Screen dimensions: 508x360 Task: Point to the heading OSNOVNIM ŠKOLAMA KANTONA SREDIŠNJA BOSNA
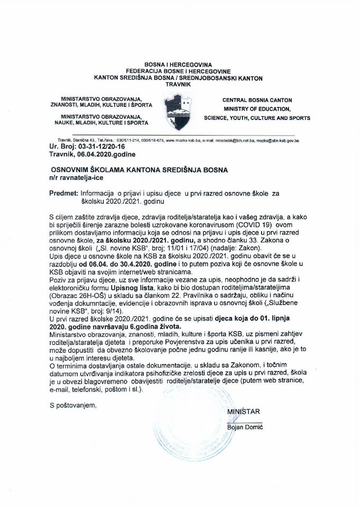click(138, 170)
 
